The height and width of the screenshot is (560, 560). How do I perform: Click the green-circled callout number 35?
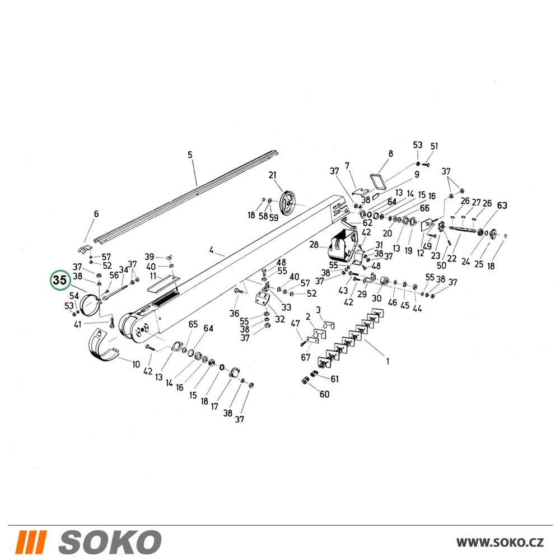click(x=60, y=280)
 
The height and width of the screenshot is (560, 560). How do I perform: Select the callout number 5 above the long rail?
click(x=190, y=155)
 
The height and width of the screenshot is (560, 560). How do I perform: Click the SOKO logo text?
click(x=110, y=542)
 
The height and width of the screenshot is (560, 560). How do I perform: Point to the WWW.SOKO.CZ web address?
click(x=500, y=542)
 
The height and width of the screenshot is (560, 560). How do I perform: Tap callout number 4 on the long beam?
click(x=212, y=250)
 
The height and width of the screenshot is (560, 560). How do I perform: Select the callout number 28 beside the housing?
click(x=314, y=245)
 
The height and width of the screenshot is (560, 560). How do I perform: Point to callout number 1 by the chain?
click(x=388, y=361)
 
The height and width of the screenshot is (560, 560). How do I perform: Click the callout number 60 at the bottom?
click(x=324, y=394)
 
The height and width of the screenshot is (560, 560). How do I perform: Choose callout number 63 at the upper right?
click(x=502, y=205)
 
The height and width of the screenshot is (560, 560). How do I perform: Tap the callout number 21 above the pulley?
click(x=273, y=175)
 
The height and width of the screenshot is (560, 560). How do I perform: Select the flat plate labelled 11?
click(x=162, y=284)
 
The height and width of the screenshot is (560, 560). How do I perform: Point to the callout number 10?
click(x=136, y=365)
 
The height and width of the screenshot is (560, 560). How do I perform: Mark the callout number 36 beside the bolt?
click(x=234, y=313)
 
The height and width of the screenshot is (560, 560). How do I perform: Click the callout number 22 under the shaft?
click(x=452, y=258)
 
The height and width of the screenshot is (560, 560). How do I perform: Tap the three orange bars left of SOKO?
click(x=31, y=542)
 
